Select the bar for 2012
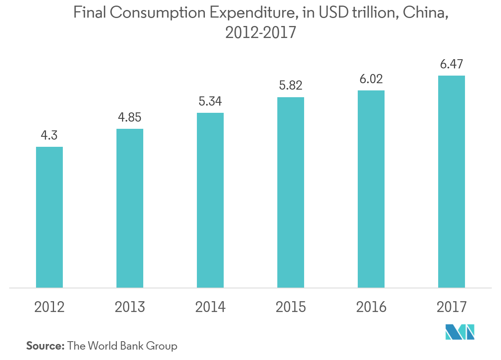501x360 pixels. click(x=49, y=217)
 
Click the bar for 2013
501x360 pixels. click(x=130, y=208)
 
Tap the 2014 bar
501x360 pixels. click(x=210, y=200)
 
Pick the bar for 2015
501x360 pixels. click(x=291, y=192)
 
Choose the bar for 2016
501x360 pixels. click(x=371, y=189)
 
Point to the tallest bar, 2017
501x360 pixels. click(x=451, y=182)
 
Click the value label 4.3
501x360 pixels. click(x=49, y=136)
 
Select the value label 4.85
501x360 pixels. click(x=130, y=118)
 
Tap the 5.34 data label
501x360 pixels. click(x=210, y=102)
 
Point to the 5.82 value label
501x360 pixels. click(x=291, y=86)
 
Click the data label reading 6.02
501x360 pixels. click(x=371, y=79)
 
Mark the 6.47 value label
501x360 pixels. click(x=451, y=64)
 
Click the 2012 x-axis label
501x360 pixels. click(x=49, y=307)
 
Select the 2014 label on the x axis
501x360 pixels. click(x=210, y=307)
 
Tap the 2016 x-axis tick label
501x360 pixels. click(x=371, y=307)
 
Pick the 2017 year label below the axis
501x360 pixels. click(x=451, y=307)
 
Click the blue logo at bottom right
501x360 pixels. click(x=460, y=332)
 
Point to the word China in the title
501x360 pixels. click(x=425, y=13)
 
